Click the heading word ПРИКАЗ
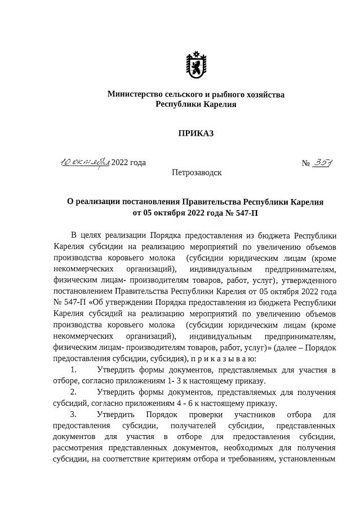196,134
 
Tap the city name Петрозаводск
197,172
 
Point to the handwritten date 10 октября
85,162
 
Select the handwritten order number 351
323,162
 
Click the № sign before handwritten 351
306,163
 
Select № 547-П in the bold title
241,213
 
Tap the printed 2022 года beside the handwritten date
128,163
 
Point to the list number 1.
73,370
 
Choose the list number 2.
73,392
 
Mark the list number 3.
73,415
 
